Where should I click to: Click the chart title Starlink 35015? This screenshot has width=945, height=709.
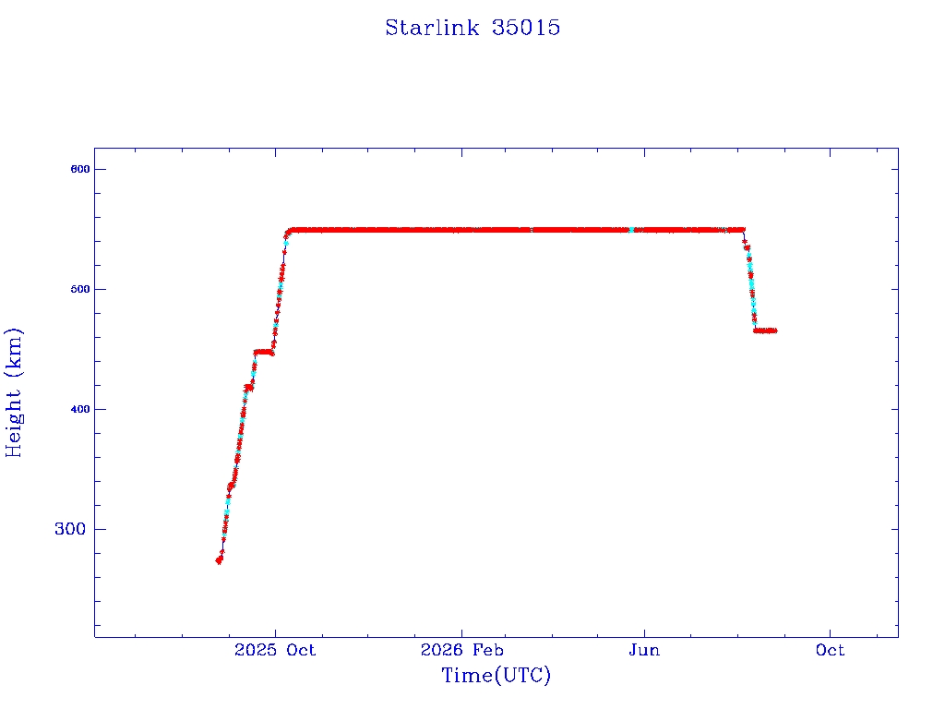pos(472,28)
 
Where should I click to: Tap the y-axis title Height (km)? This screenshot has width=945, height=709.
pos(13,392)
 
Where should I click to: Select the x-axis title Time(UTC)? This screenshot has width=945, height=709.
pos(496,675)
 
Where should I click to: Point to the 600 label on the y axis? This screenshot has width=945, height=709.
pos(80,170)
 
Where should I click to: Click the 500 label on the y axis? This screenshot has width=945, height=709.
pos(80,289)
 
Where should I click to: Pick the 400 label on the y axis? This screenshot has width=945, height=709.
pos(80,409)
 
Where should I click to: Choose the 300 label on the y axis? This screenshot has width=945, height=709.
pos(70,529)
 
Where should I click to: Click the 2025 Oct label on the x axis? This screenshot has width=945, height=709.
pos(275,650)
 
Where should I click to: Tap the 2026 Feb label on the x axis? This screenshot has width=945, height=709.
pos(461,650)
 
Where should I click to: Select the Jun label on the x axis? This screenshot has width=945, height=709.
pos(644,650)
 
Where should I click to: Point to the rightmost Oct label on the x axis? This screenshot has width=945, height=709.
pos(830,650)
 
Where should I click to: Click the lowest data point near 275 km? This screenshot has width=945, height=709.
pos(219,560)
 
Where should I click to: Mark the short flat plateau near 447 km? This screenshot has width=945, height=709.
pos(264,352)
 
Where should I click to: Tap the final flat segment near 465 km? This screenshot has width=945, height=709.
pos(765,330)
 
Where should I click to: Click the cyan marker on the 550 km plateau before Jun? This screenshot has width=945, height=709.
pos(631,230)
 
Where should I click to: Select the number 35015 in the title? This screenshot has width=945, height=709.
pos(526,28)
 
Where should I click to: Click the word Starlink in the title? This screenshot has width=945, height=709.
pos(432,28)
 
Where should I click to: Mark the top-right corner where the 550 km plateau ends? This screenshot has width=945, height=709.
pos(744,230)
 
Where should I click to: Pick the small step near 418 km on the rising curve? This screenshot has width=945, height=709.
pos(248,388)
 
